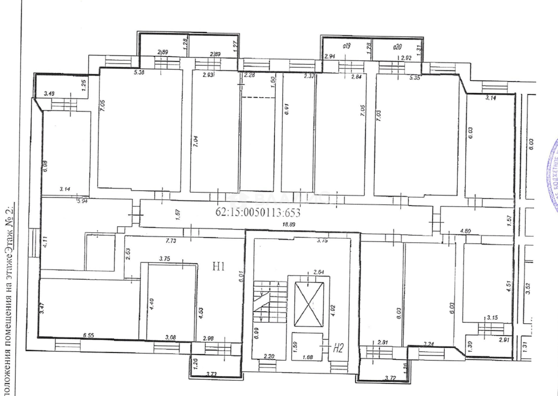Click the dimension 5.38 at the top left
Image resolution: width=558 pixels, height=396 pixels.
coord(139,72)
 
